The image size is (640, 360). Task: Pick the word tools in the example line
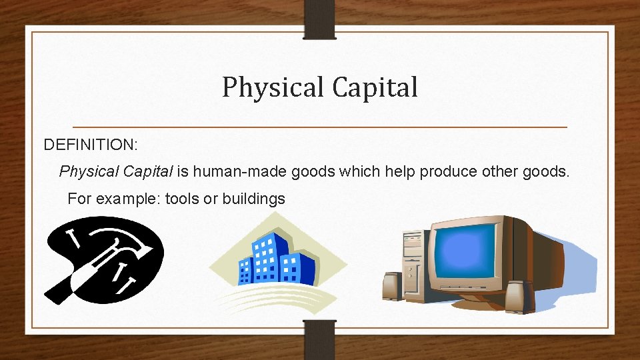(x=182, y=199)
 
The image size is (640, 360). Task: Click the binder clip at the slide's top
(x=319, y=19)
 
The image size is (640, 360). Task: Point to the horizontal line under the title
(x=319, y=127)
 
